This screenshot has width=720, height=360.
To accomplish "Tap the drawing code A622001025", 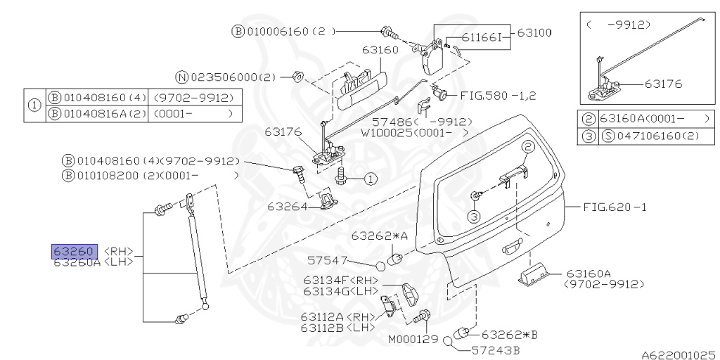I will [677, 355].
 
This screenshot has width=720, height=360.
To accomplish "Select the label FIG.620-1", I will [614, 207].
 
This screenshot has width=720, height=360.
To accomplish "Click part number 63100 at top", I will [535, 32].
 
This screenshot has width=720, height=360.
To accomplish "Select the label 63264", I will [286, 207].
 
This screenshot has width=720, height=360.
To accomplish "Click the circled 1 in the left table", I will [34, 105].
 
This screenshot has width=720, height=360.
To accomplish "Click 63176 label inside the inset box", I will [663, 84].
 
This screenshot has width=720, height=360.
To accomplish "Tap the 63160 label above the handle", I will [380, 50].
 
